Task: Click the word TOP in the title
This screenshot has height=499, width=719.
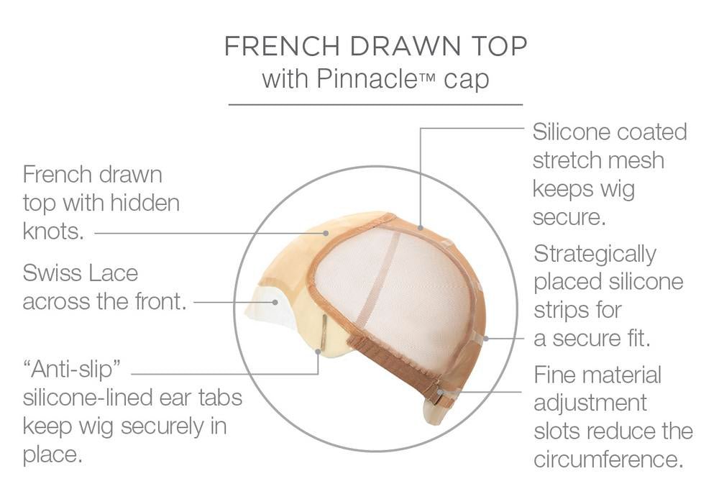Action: [x=500, y=46]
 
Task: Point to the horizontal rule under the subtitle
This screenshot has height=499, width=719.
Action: [x=375, y=104]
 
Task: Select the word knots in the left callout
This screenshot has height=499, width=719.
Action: [x=54, y=232]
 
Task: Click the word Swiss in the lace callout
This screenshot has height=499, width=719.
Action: [x=51, y=273]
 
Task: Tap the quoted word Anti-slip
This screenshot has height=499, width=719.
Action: [x=71, y=369]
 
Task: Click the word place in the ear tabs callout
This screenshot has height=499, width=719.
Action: [x=52, y=455]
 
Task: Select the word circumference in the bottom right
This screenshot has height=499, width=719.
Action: [x=608, y=459]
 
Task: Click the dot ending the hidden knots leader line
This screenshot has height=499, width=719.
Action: [x=326, y=233]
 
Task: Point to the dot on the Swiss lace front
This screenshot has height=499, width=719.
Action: [x=275, y=302]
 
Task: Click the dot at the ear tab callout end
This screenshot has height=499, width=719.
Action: [x=319, y=352]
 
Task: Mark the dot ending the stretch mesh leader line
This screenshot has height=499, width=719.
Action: [x=421, y=227]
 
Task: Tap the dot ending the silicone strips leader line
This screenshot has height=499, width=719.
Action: [x=486, y=339]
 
